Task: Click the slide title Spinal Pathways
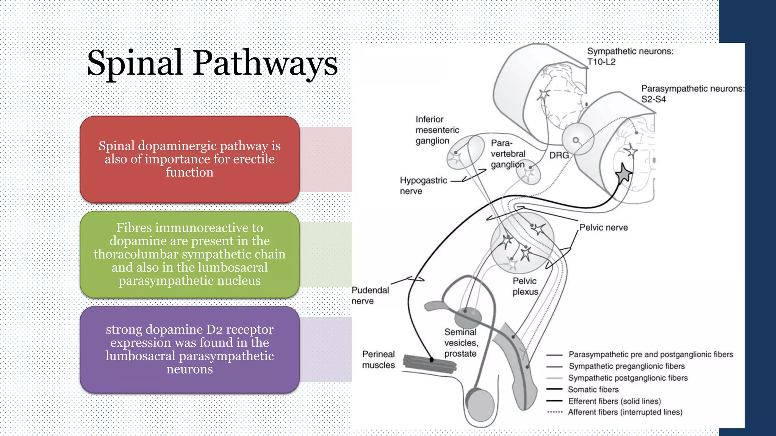pos(212,64)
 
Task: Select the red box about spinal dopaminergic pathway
pos(189,159)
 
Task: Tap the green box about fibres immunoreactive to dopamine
pos(189,254)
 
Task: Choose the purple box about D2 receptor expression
pos(189,349)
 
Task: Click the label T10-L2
pos(601,62)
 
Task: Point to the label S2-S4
pos(653,100)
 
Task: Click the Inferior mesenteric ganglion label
pos(437,130)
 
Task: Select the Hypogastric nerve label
pos(423,185)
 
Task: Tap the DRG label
pos(559,155)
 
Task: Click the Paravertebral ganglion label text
pos(508,154)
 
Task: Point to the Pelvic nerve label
pos(603,228)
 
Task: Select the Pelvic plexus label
pos(525,287)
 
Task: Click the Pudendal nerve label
pos(370,296)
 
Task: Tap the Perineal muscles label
pos(378,360)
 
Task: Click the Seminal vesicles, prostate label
pos(461,343)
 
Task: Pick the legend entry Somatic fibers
pos(593,389)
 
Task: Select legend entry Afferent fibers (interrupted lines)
pos(625,412)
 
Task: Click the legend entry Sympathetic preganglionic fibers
pos(626,366)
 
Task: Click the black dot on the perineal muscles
pos(431,360)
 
